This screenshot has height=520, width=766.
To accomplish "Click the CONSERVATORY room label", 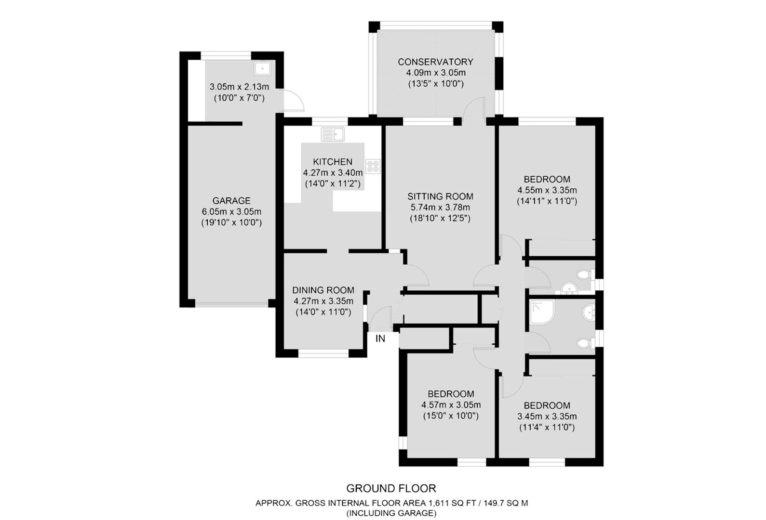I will pos(435,62).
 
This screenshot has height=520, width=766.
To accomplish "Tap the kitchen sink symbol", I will pos(333,133).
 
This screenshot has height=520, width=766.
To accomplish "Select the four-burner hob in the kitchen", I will pos(373,167).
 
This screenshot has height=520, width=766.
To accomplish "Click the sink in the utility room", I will pos(262,68).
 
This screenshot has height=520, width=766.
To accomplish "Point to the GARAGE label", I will pos(231,200).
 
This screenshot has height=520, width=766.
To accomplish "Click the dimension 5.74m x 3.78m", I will pos(440,208).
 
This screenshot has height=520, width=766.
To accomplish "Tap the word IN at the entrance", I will pos(380,339).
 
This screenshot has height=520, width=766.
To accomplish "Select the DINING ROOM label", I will pos(323,290).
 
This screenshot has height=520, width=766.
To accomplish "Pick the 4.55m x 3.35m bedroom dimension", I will pos(547,190).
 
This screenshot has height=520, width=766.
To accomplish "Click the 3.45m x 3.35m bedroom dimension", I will pos(547,416).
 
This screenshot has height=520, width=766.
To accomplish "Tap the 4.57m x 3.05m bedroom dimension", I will pos(451,405).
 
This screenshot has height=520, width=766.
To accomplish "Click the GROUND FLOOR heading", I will pos(391,488).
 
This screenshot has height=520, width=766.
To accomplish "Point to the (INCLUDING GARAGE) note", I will pos(391,513).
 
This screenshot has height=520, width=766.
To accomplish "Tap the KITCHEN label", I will pos(333,162).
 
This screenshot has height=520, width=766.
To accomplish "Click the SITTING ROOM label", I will pos(440,196).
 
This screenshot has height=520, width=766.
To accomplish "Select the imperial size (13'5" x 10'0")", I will pos(435,84).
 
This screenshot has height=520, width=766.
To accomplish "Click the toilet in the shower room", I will pos(585,343).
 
